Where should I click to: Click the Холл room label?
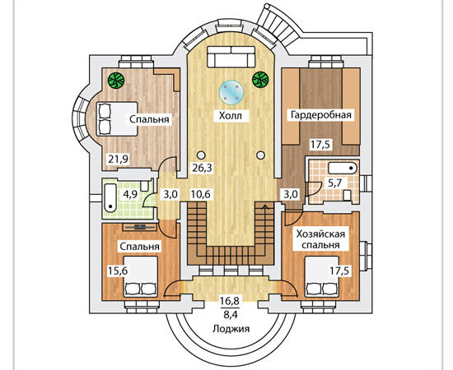click(231, 116)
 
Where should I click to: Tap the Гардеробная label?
click(321, 115)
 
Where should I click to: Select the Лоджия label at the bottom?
click(231, 328)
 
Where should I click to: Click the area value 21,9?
click(119, 159)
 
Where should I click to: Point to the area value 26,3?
click(203, 168)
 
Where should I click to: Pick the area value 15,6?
click(118, 271)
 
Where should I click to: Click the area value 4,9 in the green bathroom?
click(130, 194)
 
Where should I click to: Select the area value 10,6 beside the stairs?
click(202, 194)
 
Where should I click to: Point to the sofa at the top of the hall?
click(231, 57)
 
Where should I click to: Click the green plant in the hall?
click(260, 79)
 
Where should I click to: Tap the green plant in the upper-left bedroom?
click(116, 80)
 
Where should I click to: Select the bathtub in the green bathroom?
click(110, 198)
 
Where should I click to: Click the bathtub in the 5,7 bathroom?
click(343, 169)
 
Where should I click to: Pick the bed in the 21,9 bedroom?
click(116, 118)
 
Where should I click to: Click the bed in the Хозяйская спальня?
click(322, 277)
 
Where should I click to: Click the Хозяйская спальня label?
click(320, 239)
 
